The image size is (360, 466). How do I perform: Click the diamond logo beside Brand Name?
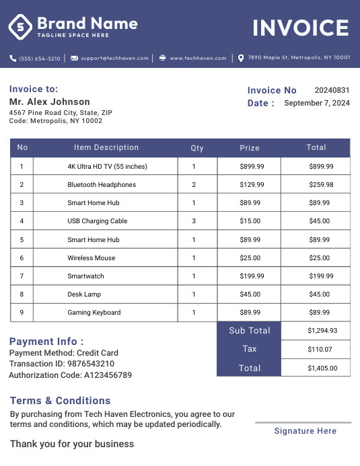click(20, 27)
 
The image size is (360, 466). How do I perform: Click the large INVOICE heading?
click(300, 28)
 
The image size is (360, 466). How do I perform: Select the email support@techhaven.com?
click(114, 59)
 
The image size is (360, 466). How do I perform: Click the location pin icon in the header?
click(241, 59)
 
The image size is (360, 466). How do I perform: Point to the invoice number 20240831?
click(332, 90)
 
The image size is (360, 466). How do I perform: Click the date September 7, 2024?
click(317, 104)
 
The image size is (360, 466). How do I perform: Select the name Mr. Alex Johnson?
click(50, 102)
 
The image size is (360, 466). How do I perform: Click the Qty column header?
click(197, 148)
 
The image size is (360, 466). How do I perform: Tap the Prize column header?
click(250, 148)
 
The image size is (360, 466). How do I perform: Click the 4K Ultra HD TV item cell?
click(107, 167)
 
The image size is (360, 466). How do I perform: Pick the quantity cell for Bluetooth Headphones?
click(194, 185)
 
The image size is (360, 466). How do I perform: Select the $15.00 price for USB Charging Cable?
click(250, 221)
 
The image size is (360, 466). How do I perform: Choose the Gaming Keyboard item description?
click(94, 313)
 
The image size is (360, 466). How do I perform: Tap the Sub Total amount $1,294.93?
click(322, 331)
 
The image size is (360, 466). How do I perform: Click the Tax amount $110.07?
click(320, 350)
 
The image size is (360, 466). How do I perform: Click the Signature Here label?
click(305, 431)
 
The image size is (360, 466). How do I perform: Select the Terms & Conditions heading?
click(60, 401)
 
